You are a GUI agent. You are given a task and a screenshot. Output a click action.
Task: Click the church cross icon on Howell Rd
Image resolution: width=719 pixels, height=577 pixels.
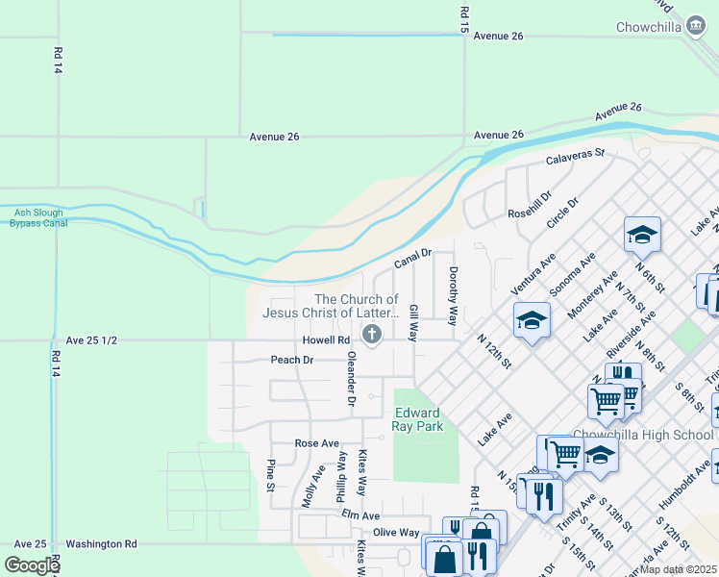[372, 334]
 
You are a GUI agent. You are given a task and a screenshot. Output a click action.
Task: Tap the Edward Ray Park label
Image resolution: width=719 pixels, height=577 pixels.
[417, 419]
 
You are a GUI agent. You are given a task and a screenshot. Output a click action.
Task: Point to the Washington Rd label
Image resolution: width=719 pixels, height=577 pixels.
[101, 543]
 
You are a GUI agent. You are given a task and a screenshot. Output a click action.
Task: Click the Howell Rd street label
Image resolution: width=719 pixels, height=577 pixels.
[326, 340]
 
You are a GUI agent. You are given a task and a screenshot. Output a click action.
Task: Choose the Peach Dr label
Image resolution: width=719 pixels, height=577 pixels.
[292, 360]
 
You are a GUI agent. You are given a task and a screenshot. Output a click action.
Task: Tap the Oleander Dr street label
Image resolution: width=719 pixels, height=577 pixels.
[352, 379]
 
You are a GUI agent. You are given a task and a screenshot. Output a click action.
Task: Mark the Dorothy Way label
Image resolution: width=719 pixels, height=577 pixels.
[453, 289]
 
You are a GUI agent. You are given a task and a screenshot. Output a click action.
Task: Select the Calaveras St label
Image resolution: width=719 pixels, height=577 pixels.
[575, 156]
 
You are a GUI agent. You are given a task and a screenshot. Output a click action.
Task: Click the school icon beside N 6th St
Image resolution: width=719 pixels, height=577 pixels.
[642, 234]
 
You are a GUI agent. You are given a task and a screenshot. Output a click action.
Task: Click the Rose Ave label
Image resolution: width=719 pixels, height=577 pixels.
[317, 443]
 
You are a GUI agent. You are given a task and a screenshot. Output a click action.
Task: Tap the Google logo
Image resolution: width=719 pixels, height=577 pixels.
[31, 565]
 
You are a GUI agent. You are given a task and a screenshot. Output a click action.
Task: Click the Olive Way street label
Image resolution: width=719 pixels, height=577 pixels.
[396, 532]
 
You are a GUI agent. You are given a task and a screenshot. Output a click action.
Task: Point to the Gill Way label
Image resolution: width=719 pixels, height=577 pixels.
[413, 324]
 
